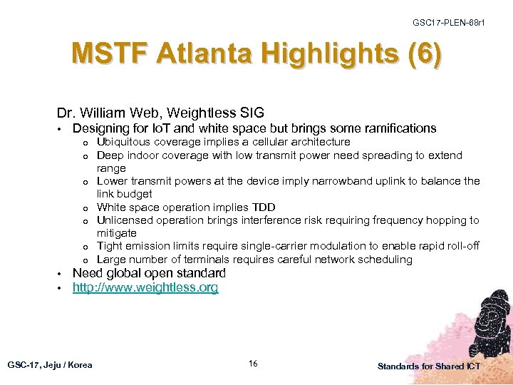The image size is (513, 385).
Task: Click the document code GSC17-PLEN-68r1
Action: click(449, 24)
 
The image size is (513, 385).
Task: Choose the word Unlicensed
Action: click(123, 220)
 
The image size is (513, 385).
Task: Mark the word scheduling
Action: click(385, 260)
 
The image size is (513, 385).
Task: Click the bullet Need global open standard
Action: click(149, 273)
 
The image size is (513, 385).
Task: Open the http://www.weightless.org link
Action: click(145, 287)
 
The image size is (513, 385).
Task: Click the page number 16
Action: click(253, 364)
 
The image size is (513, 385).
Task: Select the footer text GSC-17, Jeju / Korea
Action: click(50, 365)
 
